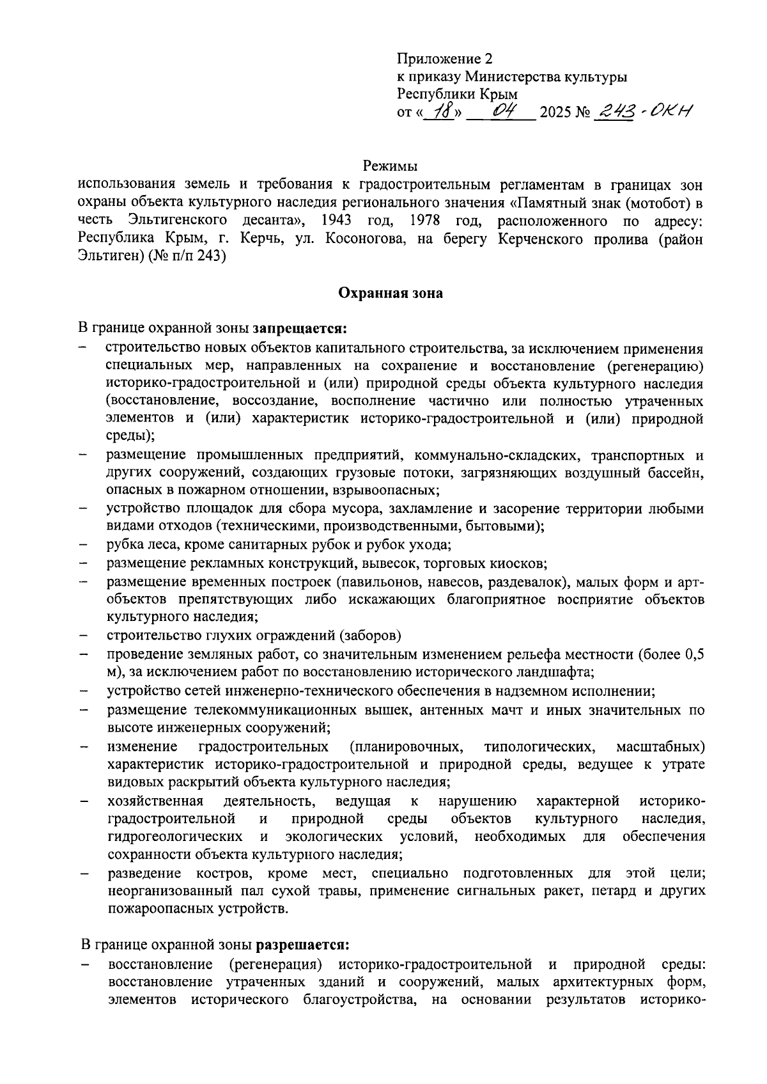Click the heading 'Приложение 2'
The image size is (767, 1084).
tap(445, 59)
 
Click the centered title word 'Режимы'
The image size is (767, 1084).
tap(390, 166)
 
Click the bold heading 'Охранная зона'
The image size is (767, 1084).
tap(390, 294)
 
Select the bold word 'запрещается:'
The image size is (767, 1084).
tap(300, 329)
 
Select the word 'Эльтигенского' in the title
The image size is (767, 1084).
tap(178, 221)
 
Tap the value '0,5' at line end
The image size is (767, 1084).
tap(694, 654)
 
